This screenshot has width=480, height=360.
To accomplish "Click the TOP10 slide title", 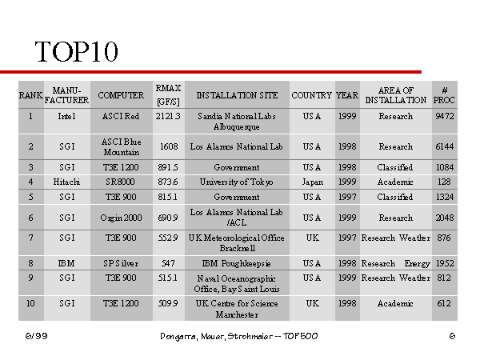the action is tap(76, 51).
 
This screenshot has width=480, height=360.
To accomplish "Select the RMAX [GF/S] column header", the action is tap(168, 95).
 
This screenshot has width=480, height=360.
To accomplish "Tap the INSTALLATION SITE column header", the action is tap(237, 95).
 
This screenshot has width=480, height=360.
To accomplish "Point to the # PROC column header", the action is tap(444, 95).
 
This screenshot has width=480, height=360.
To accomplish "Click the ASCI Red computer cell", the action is tap(121, 116).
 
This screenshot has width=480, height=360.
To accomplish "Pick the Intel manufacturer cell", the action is tap(66, 116).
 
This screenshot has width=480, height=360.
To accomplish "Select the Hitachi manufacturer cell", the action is tap(66, 182).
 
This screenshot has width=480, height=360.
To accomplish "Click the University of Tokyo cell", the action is tap(236, 182).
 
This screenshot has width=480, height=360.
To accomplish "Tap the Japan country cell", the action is tap(312, 182).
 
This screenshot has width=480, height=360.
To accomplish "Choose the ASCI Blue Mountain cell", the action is tap(122, 147).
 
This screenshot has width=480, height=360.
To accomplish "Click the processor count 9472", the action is tap(445, 116).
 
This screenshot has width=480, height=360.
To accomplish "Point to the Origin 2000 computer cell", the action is tap(121, 218).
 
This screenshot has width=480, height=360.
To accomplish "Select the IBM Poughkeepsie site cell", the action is tap(237, 263).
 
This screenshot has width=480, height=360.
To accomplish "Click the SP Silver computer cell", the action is tap(121, 263).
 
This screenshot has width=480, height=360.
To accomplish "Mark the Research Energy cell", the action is tap(395, 263).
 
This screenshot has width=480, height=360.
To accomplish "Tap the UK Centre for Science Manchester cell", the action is tap(237, 309).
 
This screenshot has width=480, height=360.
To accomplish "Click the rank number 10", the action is tap(30, 303).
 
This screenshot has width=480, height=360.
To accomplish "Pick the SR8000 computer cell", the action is tap(120, 182).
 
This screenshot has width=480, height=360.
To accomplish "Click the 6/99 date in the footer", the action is tap(37, 336).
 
